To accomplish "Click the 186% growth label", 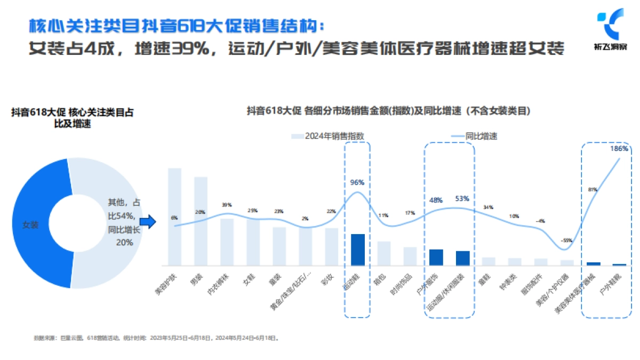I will [x=619, y=149].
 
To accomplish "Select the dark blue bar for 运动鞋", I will [x=358, y=250].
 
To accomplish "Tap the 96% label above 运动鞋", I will [x=357, y=182].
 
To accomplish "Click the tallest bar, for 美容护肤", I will [x=175, y=217].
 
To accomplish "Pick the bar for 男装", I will [x=201, y=221].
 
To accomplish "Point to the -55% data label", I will [x=566, y=240].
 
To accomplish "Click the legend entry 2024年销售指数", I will [x=328, y=136].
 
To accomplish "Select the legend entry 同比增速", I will [x=475, y=136].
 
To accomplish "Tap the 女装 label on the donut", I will [x=30, y=225].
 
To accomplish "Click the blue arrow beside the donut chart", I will [x=151, y=222].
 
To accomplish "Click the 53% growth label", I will [x=462, y=199].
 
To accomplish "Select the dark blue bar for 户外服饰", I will [x=436, y=257].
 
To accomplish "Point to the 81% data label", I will [x=593, y=189].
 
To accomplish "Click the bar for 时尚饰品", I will [x=410, y=256].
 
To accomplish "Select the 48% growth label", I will [x=436, y=201].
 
